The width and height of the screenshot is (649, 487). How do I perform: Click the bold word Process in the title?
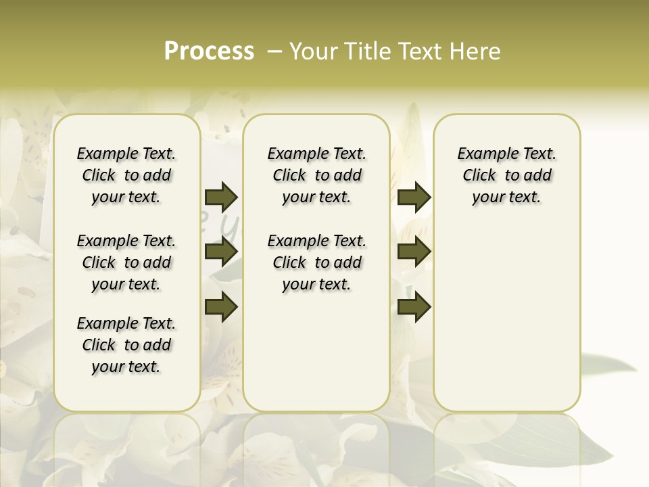tap(209, 51)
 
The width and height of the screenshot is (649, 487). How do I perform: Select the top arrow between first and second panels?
tap(221, 198)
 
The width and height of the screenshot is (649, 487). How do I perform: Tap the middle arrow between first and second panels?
tap(221, 252)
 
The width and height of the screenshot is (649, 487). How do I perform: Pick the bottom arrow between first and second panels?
tap(221, 307)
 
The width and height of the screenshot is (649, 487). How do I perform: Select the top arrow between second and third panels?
tap(414, 198)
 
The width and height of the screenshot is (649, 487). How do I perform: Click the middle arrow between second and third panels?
tap(414, 252)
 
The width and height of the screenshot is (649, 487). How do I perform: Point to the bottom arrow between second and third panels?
tap(414, 307)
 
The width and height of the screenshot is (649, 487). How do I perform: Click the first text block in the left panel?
tap(126, 175)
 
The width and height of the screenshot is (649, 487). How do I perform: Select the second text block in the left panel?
tap(126, 262)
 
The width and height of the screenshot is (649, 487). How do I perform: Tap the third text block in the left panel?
tap(126, 345)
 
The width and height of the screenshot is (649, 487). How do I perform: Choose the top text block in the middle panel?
tap(316, 175)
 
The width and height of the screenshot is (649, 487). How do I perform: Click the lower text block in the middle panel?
tap(316, 262)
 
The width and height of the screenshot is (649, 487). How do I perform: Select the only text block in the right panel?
tap(506, 175)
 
